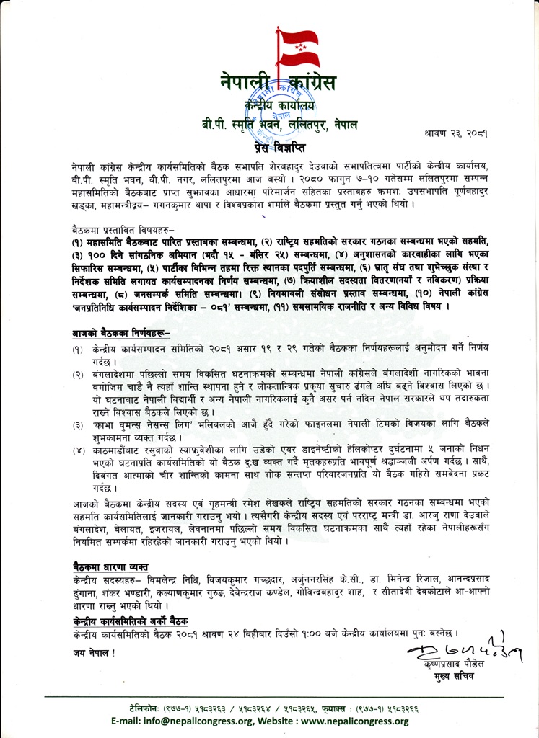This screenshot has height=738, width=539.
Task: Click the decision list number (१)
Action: [x=76, y=348]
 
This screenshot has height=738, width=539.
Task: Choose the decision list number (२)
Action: [x=76, y=376]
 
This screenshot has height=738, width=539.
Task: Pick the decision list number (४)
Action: [x=76, y=452]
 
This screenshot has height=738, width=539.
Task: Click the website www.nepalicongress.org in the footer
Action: [x=349, y=721]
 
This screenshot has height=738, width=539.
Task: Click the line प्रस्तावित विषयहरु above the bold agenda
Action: [x=105, y=226]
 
